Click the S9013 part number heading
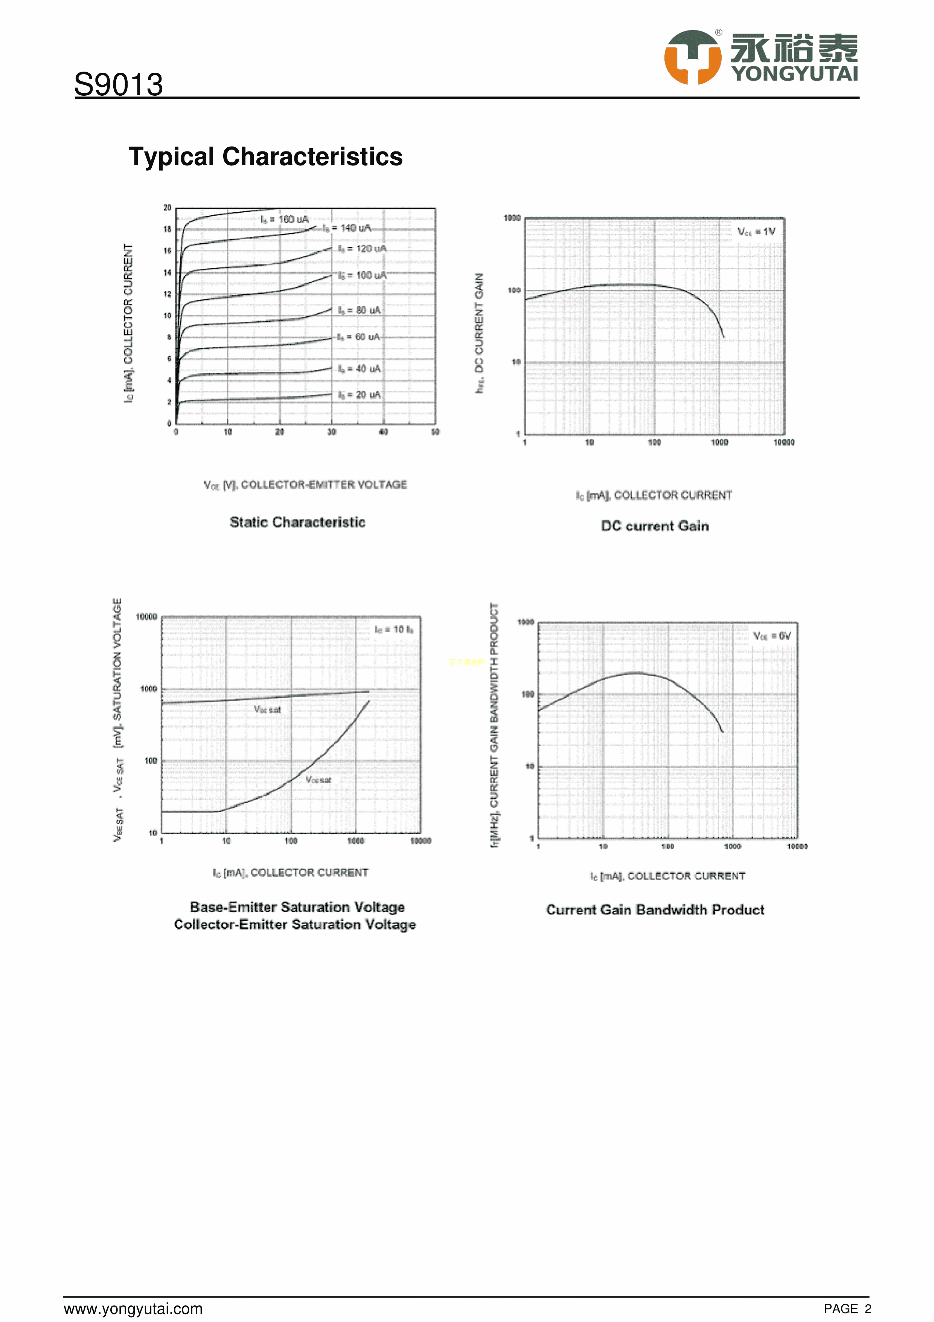(119, 85)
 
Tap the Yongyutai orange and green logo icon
(692, 57)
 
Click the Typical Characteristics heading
(265, 157)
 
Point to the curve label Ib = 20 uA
(359, 394)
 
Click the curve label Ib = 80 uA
(359, 310)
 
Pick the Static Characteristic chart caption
(297, 522)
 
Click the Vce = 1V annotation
(756, 232)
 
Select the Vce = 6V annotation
(772, 636)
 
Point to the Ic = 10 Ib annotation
(394, 629)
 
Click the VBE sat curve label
(268, 710)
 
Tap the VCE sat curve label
(318, 779)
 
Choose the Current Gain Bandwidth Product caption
(655, 910)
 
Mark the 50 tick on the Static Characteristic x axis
(435, 432)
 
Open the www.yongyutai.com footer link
(133, 1309)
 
